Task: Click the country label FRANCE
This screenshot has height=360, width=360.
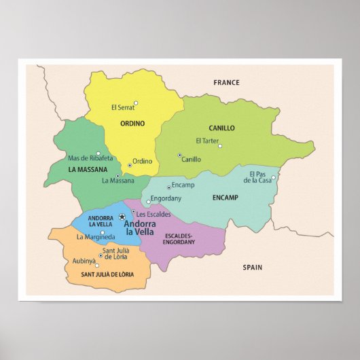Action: coord(226,83)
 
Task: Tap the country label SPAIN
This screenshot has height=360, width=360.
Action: coord(252,268)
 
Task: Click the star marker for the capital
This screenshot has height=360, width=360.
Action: coord(122,217)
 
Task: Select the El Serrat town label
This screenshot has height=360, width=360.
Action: coord(122,107)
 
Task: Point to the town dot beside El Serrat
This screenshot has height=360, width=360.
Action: coord(136,103)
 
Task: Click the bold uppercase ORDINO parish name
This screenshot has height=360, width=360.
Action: coord(132,124)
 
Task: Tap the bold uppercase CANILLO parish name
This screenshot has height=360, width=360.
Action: coord(221,128)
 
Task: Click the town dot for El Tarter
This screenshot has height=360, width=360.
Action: coord(219,145)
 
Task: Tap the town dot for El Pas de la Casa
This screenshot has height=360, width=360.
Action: coord(273,179)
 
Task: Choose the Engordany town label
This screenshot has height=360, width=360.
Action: coord(166,199)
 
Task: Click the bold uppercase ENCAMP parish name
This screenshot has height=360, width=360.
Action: coord(225,198)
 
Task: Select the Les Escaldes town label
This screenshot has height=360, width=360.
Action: coord(154,214)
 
